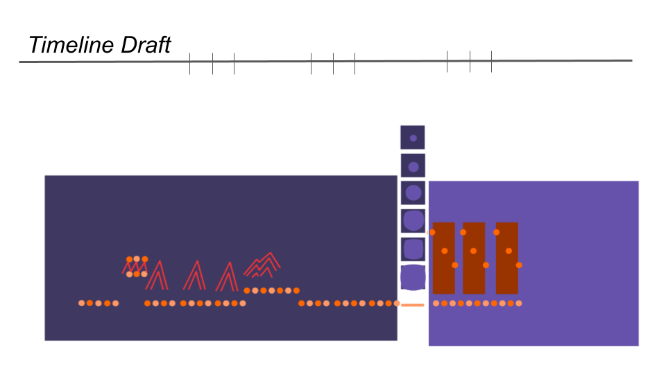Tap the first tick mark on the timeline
[189, 64]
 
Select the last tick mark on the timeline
[491, 62]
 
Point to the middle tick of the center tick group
[333, 64]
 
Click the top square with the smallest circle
[413, 138]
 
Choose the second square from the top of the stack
[413, 166]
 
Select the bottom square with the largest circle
[413, 277]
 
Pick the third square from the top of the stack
[413, 193]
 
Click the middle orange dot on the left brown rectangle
[444, 251]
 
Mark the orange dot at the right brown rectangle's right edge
[519, 265]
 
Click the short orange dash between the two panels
[413, 305]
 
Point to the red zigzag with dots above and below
[136, 267]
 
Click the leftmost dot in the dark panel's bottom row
[82, 303]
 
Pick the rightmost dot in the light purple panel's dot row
[519, 303]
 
